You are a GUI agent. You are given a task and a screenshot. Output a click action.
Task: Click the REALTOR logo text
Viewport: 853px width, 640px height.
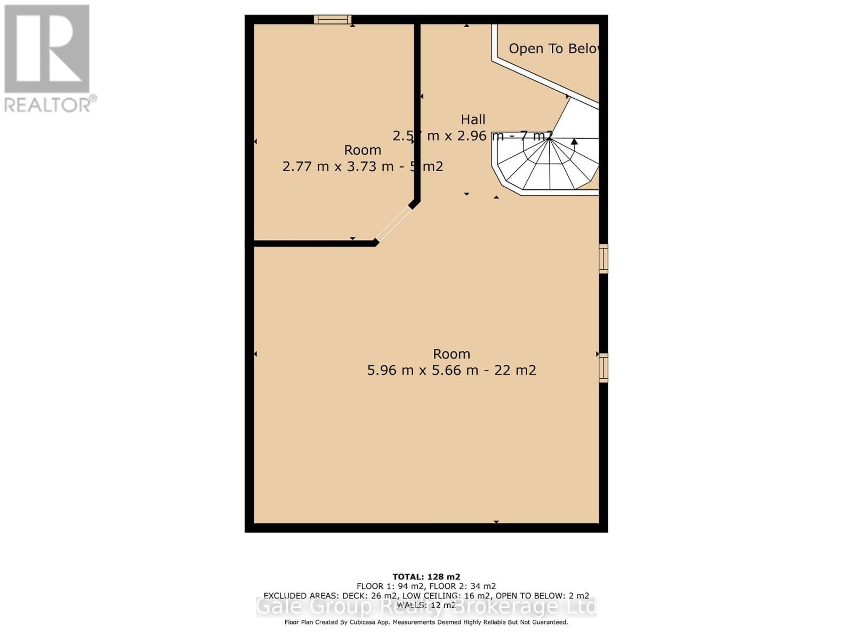[48, 104]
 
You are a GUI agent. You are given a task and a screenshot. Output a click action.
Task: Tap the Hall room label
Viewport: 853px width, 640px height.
[473, 119]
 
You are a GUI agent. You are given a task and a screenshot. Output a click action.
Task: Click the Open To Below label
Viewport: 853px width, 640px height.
[553, 49]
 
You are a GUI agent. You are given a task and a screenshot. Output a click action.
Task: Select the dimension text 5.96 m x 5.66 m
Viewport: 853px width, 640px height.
[422, 370]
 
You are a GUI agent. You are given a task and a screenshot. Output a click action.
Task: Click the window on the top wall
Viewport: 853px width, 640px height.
[332, 20]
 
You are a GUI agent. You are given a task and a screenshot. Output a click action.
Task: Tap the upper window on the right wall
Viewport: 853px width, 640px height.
[603, 259]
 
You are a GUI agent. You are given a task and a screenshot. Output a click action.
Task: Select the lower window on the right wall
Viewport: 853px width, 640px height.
[603, 367]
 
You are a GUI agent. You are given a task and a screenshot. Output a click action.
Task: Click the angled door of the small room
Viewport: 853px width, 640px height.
[393, 224]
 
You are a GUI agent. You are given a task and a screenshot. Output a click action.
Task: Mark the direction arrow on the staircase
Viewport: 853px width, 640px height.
[574, 142]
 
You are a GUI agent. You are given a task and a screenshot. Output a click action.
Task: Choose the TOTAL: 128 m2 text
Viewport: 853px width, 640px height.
[426, 577]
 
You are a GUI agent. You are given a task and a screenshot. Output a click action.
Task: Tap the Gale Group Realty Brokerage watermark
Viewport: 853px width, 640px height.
[426, 607]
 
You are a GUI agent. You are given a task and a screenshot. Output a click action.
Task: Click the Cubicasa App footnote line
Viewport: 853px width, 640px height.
[426, 622]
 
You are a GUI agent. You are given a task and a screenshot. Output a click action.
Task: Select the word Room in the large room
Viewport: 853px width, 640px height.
[451, 354]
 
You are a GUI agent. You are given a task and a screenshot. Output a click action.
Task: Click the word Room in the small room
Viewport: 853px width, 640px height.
[363, 150]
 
